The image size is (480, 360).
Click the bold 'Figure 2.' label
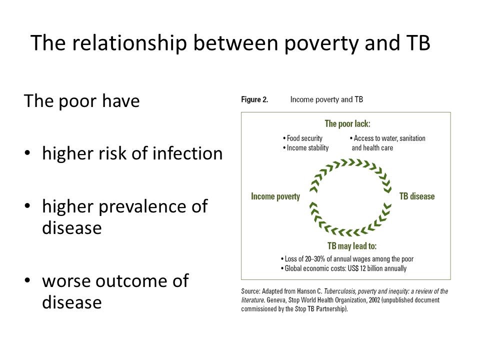click(x=254, y=99)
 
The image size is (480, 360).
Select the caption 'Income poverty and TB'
click(x=326, y=99)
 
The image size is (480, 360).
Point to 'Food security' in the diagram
click(x=304, y=138)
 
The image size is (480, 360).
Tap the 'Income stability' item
click(x=307, y=147)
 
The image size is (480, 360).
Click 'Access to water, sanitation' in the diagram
click(x=388, y=138)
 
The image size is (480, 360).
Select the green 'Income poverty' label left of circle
click(x=275, y=196)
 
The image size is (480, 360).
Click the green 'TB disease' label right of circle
click(x=416, y=196)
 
